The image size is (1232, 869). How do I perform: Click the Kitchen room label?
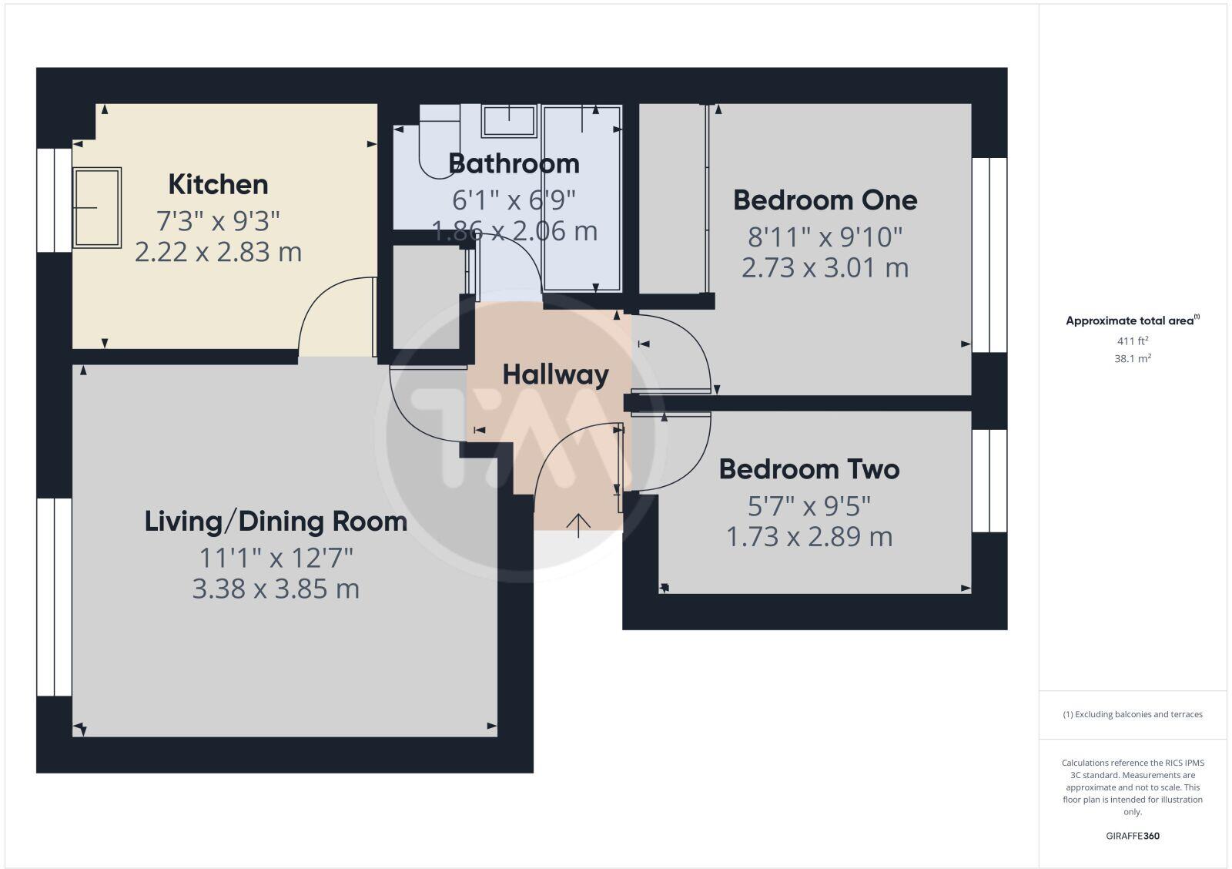tap(218, 185)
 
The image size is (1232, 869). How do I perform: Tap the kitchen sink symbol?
tap(97, 207)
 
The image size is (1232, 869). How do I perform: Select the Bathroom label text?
tap(514, 164)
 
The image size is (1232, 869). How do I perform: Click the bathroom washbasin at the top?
tap(509, 121)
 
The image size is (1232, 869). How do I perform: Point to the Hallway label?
tap(555, 375)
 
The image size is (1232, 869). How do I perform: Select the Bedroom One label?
tap(825, 200)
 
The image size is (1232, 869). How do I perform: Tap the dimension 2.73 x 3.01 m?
tap(825, 268)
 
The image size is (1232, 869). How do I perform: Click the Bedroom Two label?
tap(809, 469)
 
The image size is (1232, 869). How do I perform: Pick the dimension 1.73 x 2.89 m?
tap(809, 537)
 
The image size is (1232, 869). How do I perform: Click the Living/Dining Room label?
tap(276, 522)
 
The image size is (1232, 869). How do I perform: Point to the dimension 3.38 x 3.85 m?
tap(276, 589)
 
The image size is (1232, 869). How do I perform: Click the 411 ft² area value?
tap(1133, 341)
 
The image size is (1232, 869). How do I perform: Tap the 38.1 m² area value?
tap(1133, 358)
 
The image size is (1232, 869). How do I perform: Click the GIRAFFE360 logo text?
tap(1133, 836)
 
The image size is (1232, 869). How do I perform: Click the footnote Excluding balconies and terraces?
tap(1133, 714)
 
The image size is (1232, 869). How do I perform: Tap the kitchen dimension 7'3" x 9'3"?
tap(218, 222)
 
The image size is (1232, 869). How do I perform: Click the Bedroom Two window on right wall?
tap(989, 481)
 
